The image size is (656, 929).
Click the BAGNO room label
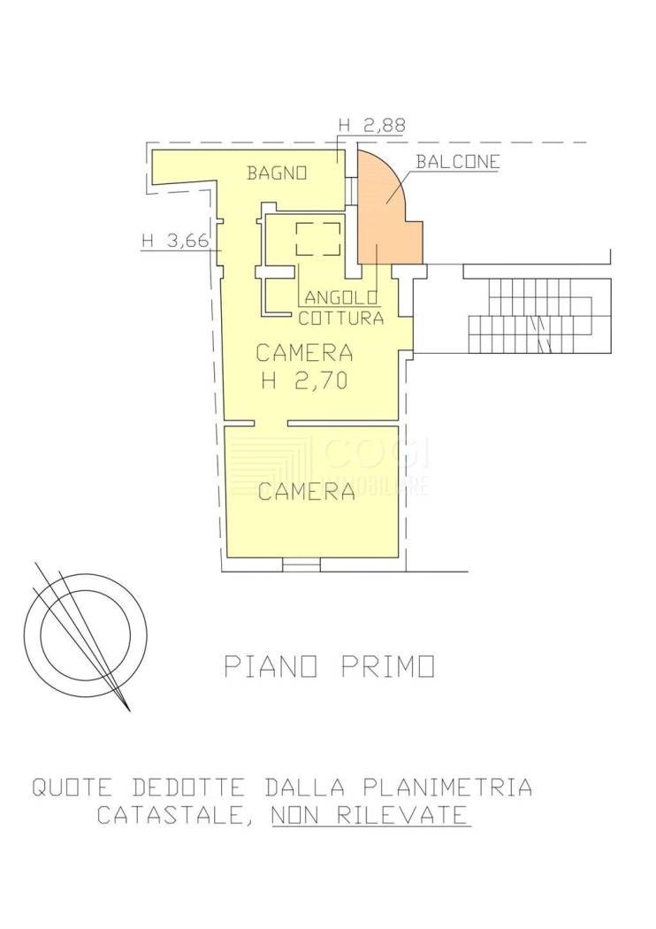277,173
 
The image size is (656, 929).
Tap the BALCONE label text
457,162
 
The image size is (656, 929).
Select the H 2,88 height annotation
372,126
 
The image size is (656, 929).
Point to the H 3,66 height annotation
175,242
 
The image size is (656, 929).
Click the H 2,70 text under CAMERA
304,381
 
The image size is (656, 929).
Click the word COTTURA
340,319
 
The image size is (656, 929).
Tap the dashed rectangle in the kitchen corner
318,239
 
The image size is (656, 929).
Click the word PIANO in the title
271,666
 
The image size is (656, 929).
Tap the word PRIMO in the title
388,666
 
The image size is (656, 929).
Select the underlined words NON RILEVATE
370,816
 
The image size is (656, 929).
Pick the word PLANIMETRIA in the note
446,788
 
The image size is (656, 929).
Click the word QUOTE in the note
72,788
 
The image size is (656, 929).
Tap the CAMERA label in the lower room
307,492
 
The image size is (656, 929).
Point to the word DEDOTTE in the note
187,788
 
